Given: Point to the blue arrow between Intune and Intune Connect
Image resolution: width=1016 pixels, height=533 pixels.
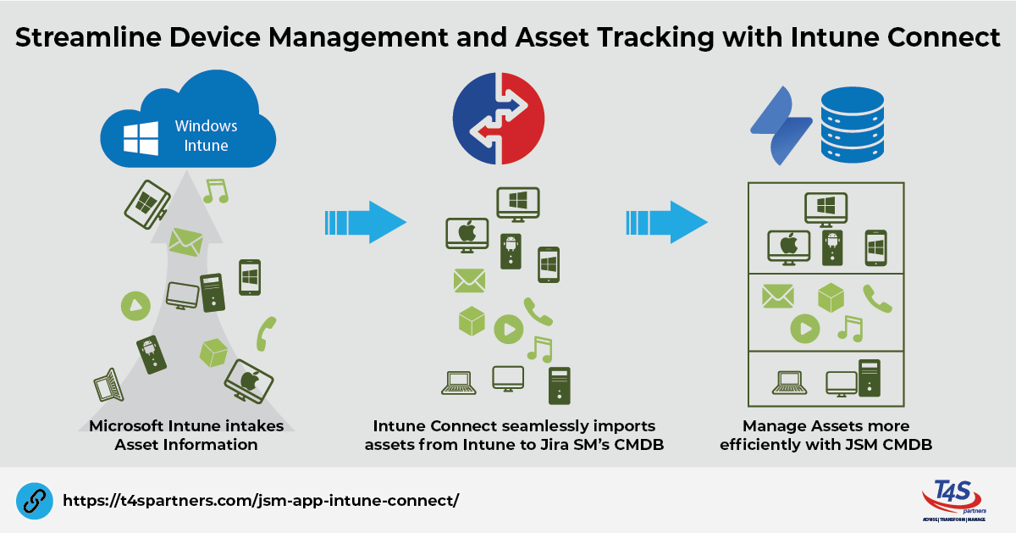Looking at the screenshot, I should (x=365, y=222).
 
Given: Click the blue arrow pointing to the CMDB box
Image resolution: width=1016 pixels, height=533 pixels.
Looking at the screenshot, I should (x=666, y=222).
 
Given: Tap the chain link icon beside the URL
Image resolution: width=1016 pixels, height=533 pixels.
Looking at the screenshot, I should (x=34, y=500).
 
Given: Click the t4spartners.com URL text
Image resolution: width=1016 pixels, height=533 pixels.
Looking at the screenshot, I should (x=260, y=500).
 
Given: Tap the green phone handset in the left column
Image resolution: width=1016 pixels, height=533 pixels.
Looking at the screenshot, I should (x=267, y=333).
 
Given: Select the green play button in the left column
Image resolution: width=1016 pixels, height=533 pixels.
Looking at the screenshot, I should (x=135, y=305).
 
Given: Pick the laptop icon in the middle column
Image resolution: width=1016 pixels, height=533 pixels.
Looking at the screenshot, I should (x=458, y=383).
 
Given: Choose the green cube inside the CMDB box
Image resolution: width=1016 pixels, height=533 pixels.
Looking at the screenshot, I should (x=831, y=297).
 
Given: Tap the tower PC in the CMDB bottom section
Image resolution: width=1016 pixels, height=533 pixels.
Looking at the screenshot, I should (x=870, y=379).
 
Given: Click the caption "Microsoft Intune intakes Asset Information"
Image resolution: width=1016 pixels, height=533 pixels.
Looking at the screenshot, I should (x=186, y=435).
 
